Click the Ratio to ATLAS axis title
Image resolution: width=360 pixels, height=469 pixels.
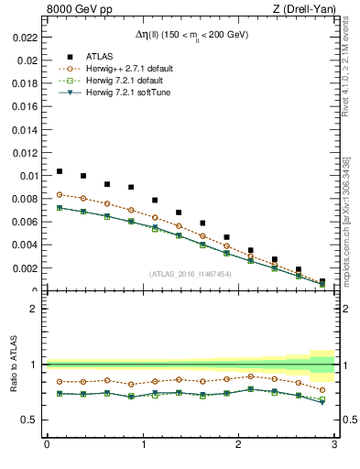[15, 365]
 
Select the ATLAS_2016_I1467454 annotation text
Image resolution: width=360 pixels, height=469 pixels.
[190, 274]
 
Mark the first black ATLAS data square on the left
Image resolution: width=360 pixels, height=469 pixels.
[60, 171]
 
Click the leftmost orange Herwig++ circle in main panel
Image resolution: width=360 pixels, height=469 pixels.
[60, 194]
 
